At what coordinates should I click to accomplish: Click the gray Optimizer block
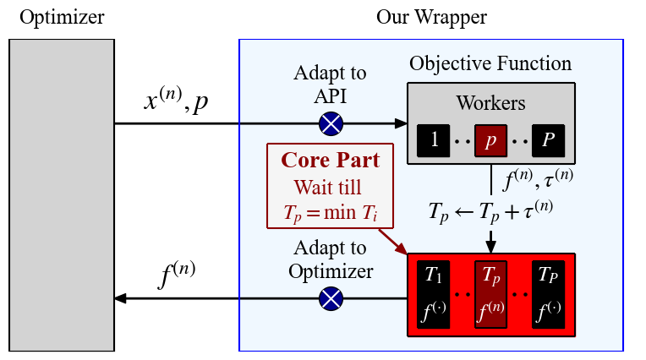pos(62,194)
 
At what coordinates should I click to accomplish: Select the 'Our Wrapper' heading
pos(431,16)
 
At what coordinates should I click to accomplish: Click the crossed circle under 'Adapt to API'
pos(331,125)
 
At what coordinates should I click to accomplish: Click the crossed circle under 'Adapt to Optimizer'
pos(331,298)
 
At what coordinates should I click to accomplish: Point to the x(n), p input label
pos(177,101)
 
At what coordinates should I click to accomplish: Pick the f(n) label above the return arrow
pos(178,276)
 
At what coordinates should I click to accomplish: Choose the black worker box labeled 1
pos(434,140)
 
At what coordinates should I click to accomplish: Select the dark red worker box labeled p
pos(490,140)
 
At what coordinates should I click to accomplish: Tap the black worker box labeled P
pos(548,140)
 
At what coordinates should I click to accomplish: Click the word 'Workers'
pos(490,103)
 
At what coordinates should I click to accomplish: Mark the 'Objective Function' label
pos(490,63)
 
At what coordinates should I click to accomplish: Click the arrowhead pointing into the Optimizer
pos(121,298)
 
